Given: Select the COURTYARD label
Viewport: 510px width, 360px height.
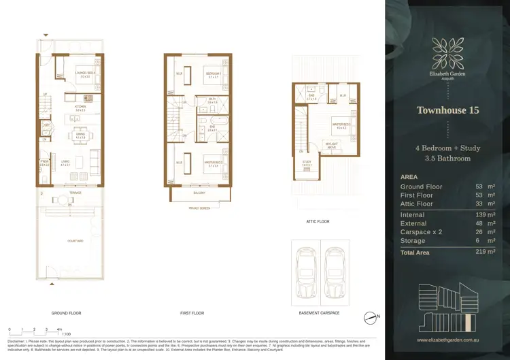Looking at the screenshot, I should click(75, 241).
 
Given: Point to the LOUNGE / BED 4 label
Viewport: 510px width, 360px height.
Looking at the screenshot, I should click(86, 72).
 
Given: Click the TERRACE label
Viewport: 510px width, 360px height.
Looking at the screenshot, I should click(75, 193).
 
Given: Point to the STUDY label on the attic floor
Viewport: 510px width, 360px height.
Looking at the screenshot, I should click(307, 161).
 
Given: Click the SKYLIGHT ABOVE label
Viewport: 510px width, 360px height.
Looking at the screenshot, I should click(332, 146).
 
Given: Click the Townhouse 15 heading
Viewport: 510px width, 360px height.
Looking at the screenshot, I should click(447, 110).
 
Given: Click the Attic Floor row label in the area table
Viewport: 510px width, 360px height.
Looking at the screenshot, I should click(417, 203).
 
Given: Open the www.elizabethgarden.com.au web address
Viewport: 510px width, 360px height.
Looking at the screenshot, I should click(447, 340).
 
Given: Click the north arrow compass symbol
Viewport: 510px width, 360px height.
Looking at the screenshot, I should click(371, 316).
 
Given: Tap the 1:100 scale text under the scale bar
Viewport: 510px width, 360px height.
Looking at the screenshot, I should click(67, 333).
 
